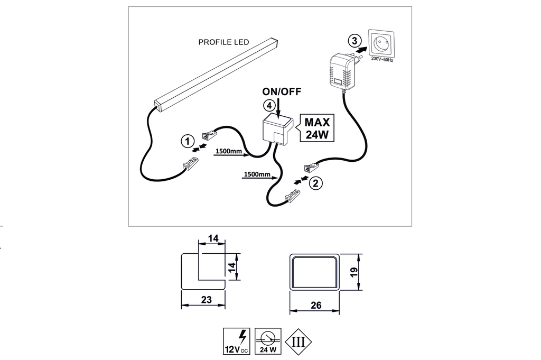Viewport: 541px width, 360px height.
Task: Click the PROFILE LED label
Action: click(223, 42)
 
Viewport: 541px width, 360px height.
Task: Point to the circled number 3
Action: click(355, 40)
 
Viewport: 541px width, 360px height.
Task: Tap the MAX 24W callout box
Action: click(318, 128)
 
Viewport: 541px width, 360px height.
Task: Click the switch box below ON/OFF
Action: click(278, 131)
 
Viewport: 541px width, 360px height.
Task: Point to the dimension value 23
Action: click(207, 300)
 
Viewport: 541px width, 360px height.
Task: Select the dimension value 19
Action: click(355, 272)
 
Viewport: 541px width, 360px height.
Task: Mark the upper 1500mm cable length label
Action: click(229, 152)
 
